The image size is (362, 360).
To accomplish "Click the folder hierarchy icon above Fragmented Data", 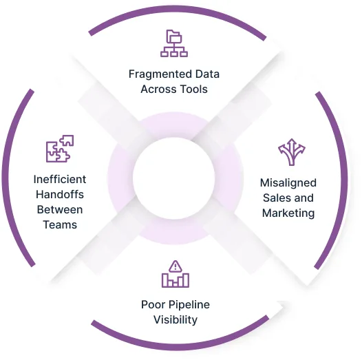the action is coord(174,43).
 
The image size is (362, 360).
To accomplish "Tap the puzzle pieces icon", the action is coord(60,149).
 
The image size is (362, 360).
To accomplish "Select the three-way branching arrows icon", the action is coord(292,152).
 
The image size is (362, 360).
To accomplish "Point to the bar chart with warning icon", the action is coord(175,274).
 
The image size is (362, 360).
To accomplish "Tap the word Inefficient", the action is coord(60,179).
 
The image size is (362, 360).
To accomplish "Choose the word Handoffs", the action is coord(60,194).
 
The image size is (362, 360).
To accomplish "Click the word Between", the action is coord(60,210).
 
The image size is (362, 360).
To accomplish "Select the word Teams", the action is coord(60,224).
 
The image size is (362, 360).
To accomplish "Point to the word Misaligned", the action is coord(288,183).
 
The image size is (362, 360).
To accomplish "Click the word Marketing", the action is coord(288,213).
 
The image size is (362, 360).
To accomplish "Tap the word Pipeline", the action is coord(189,305).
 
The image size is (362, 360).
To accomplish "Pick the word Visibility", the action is coord(175,320).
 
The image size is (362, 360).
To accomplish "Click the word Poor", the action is coord(153,304).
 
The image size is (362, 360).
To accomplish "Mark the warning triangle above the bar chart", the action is coord(175,266).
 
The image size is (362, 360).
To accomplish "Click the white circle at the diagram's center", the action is coord(173,178).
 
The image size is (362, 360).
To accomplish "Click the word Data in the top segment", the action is coord(207,74).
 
